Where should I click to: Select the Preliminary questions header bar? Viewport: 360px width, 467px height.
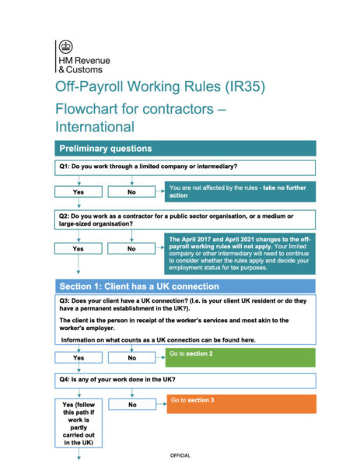pyautogui.click(x=185, y=148)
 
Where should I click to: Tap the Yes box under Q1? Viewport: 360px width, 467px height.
pyautogui.click(x=78, y=191)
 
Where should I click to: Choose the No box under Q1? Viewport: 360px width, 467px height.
pyautogui.click(x=131, y=191)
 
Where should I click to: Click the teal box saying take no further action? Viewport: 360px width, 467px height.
pyautogui.click(x=239, y=191)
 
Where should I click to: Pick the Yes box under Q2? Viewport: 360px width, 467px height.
pyautogui.click(x=78, y=248)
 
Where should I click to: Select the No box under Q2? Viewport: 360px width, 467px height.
pyautogui.click(x=131, y=248)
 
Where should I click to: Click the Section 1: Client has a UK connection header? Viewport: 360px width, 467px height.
pyautogui.click(x=185, y=286)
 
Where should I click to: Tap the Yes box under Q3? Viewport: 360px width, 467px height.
pyautogui.click(x=78, y=358)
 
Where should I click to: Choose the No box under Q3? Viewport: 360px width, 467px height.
pyautogui.click(x=131, y=358)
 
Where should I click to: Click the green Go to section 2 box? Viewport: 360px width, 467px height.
pyautogui.click(x=239, y=357)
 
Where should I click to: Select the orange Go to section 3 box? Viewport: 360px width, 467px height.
pyautogui.click(x=239, y=403)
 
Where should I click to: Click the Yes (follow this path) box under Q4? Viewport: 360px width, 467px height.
pyautogui.click(x=78, y=423)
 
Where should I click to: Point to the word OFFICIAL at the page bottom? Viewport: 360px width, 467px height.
pyautogui.click(x=180, y=455)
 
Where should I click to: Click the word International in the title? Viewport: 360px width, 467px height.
pyautogui.click(x=95, y=126)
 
